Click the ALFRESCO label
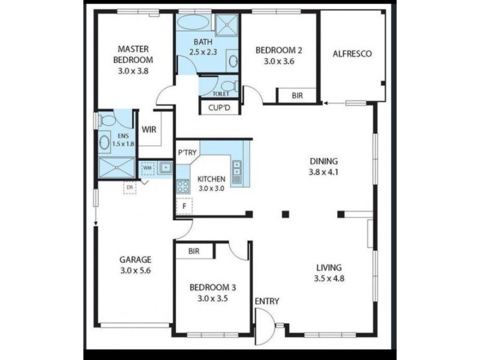coord(352,53)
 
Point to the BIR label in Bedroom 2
coord(296,95)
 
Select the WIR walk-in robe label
coord(149,128)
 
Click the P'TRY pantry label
coord(187,152)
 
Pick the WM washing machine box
coord(147,169)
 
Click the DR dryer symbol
coord(129,187)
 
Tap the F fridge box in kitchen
coord(183,206)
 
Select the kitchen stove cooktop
coord(182,185)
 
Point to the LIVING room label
coord(328,268)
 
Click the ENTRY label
coord(266,301)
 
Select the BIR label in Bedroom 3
coord(194,251)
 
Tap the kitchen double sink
coord(237,171)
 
